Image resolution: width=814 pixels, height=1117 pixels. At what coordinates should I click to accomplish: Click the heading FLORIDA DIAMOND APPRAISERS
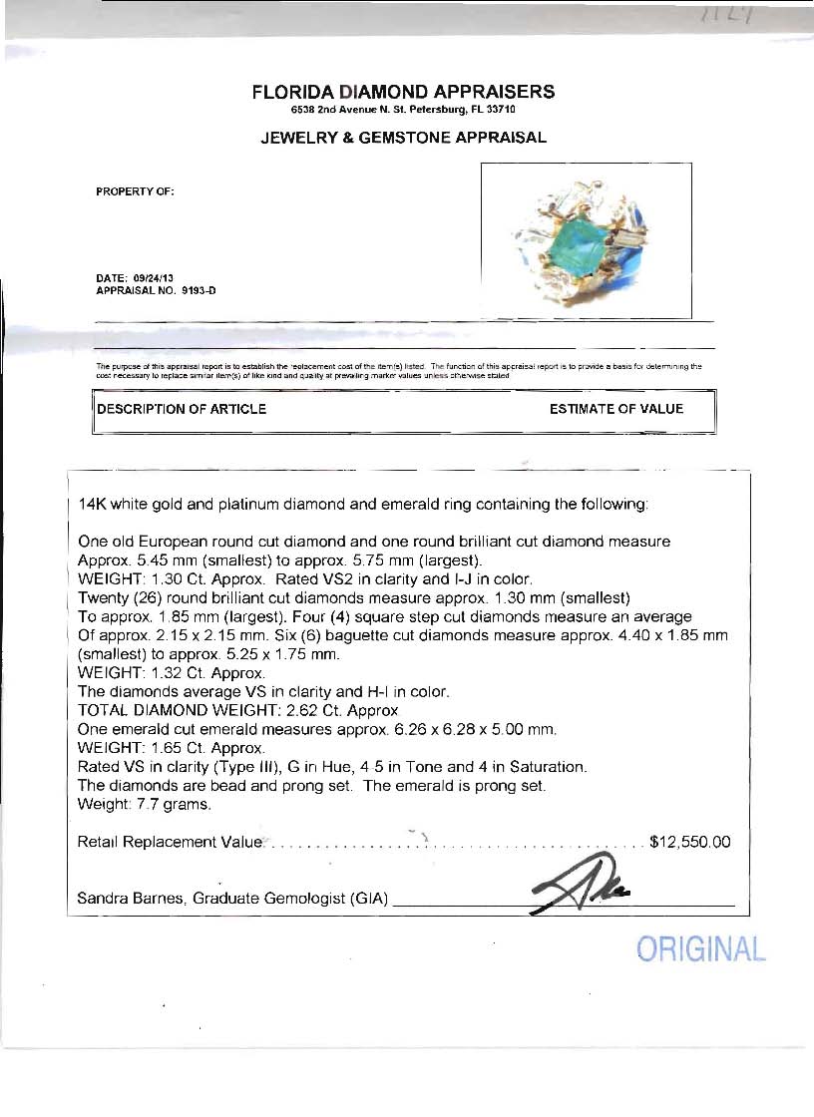click(x=403, y=92)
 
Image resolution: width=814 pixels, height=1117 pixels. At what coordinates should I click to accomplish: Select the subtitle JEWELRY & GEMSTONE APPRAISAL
click(x=403, y=138)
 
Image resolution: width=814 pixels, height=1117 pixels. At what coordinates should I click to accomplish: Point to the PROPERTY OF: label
click(x=135, y=191)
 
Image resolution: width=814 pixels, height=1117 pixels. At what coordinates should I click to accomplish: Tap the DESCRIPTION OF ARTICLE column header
click(x=182, y=409)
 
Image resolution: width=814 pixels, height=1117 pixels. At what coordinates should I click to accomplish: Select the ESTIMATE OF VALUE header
click(x=616, y=409)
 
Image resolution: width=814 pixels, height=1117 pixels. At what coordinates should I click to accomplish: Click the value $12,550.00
click(x=689, y=842)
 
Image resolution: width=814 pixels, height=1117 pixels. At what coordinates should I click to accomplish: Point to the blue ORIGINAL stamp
click(x=701, y=949)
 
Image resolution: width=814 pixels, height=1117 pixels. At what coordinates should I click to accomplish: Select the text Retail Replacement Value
click(x=169, y=842)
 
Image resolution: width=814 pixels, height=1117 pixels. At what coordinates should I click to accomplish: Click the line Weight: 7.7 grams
click(x=144, y=804)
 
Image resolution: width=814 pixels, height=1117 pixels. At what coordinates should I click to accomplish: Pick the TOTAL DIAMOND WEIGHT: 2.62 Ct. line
click(x=237, y=710)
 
